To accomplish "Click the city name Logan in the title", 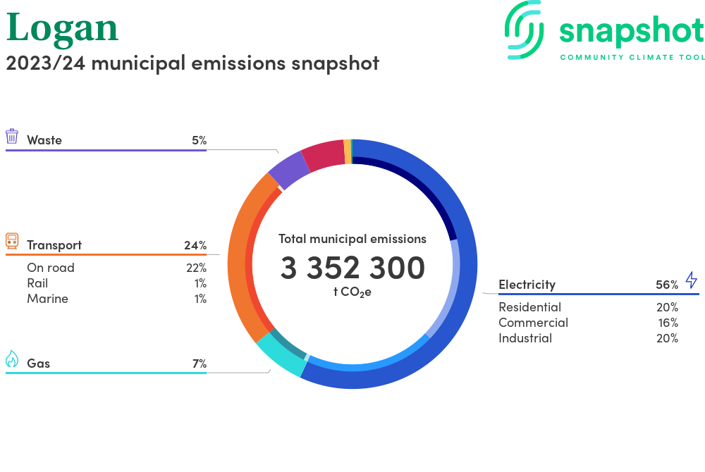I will click(x=62, y=28).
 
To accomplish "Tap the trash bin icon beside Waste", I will click(x=12, y=137).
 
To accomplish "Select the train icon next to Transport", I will click(x=12, y=242).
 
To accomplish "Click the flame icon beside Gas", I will click(x=12, y=359).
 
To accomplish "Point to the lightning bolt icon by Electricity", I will click(x=691, y=280).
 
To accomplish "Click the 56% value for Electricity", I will click(x=666, y=285).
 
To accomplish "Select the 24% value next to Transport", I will click(x=195, y=245).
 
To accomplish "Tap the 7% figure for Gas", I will click(x=199, y=364).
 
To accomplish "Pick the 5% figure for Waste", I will click(x=199, y=140).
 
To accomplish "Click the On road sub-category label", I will click(x=51, y=268).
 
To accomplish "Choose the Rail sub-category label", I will click(x=37, y=283).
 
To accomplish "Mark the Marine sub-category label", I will click(x=47, y=299).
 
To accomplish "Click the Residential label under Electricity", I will click(x=529, y=307).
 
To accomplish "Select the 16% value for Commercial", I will click(x=668, y=323).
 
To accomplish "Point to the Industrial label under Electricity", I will click(x=525, y=338).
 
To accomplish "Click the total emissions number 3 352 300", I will click(x=352, y=268).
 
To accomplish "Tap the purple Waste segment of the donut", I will click(x=289, y=169).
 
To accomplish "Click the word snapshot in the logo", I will click(x=631, y=32).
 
